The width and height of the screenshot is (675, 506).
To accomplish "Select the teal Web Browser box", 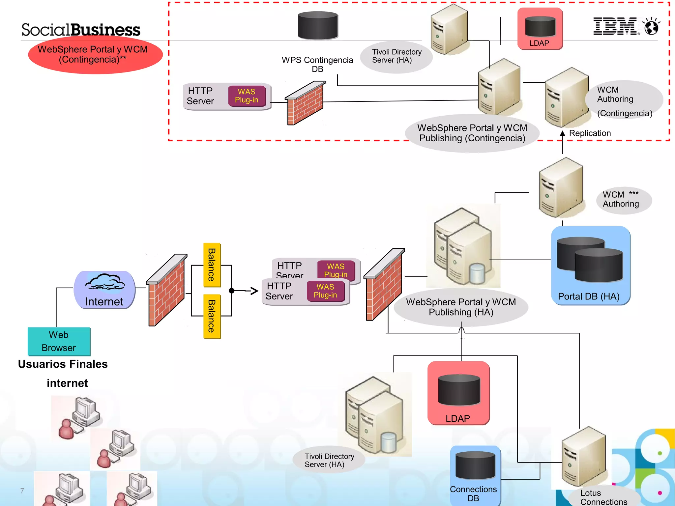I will tap(59, 341).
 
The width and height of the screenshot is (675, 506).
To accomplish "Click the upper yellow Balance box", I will tap(212, 265).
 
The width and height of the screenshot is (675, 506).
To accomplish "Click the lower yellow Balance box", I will tap(212, 316).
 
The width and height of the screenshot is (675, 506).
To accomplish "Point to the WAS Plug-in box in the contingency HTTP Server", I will tap(247, 96).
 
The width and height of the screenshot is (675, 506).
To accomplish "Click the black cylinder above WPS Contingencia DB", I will tap(318, 25).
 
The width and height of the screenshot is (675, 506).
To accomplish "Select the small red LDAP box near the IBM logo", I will tap(540, 29).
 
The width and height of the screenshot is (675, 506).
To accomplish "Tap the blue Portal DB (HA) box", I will tap(590, 266).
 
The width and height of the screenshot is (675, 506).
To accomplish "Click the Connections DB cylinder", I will tap(475, 466).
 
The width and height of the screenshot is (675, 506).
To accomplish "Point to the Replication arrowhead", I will tap(562, 133).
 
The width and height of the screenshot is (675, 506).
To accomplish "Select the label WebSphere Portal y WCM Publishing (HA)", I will tap(461, 307).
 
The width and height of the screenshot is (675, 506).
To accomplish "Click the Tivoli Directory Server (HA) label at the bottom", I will tap(329, 460).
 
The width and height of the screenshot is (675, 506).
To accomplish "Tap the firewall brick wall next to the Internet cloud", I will tap(166, 290).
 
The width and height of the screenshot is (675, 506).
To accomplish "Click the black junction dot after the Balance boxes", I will tap(232, 291).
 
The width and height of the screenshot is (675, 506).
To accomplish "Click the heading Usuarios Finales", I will tap(63, 364).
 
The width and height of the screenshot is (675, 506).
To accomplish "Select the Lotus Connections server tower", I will tap(583, 457).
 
